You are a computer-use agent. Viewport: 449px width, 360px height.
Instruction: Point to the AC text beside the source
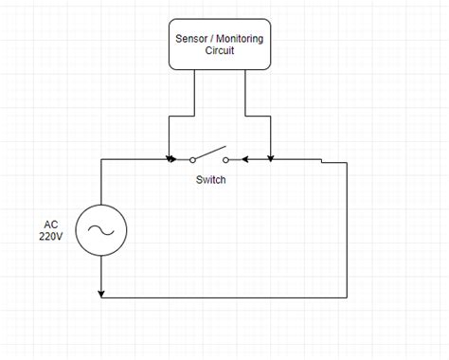[51, 224]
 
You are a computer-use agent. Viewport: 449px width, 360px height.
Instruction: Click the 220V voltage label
[51, 236]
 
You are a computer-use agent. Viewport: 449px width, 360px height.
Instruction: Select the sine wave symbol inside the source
[101, 230]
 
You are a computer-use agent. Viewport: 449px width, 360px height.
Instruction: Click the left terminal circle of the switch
[192, 159]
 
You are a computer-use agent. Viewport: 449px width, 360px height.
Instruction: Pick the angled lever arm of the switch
[209, 153]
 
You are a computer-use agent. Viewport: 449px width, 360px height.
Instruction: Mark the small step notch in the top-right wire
[322, 161]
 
